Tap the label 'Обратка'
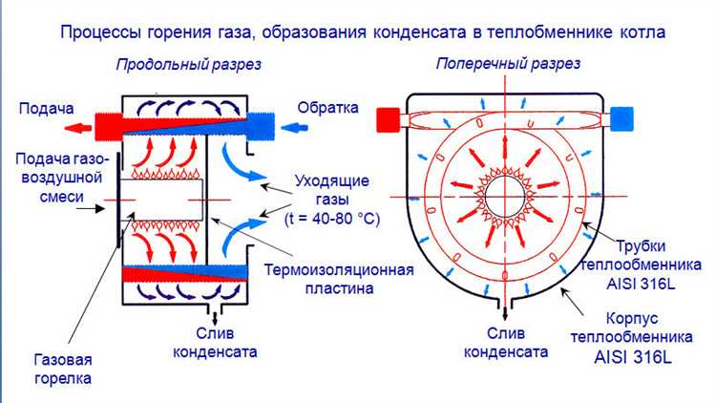coord(327,107)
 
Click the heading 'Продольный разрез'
coord(188,65)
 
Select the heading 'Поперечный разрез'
coord(508,64)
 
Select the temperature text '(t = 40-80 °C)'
coord(333,220)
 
